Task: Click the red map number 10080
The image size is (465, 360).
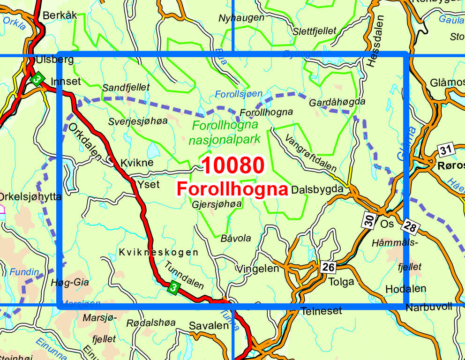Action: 233,165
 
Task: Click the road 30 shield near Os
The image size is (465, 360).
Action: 370,220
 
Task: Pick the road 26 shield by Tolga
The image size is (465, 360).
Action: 329,268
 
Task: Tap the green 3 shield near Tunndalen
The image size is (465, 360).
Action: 173,288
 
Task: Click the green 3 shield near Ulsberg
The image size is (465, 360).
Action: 37,78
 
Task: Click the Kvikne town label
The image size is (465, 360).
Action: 137,163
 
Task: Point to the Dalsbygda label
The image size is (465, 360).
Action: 320,190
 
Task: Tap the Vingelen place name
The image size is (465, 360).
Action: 258,269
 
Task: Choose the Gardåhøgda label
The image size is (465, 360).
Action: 337,102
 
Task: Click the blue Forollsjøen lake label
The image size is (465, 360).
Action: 239,94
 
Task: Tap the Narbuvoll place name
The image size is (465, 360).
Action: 429,307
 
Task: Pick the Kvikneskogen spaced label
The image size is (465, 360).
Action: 158,252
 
